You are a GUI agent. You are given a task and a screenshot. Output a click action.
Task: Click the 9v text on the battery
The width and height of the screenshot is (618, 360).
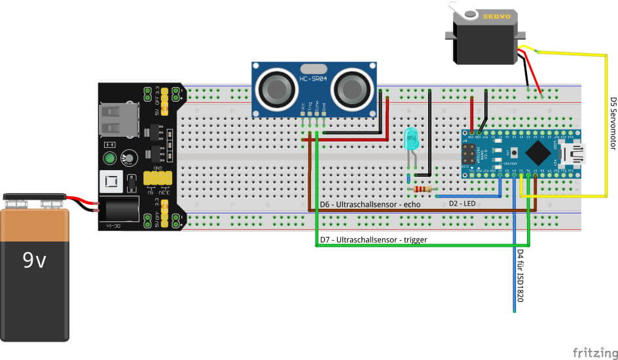coord(35,261)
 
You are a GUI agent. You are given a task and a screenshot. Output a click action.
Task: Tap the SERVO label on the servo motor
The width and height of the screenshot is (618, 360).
coord(496,18)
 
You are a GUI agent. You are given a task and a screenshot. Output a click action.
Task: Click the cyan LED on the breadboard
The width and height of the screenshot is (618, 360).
coord(411,138)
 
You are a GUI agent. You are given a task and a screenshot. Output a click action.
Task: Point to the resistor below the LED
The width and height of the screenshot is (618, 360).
coord(424,190)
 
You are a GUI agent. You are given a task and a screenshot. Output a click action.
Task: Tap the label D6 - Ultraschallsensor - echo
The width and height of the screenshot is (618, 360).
coord(370,204)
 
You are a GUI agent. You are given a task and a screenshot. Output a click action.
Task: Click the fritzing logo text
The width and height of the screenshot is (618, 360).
coord(594,353)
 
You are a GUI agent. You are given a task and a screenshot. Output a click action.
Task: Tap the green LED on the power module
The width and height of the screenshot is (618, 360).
coord(110,158)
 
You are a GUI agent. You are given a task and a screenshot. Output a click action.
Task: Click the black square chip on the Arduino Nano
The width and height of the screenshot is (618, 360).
coord(537,154)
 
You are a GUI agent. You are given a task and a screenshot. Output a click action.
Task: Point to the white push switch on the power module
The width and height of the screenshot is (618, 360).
coord(109,181)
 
